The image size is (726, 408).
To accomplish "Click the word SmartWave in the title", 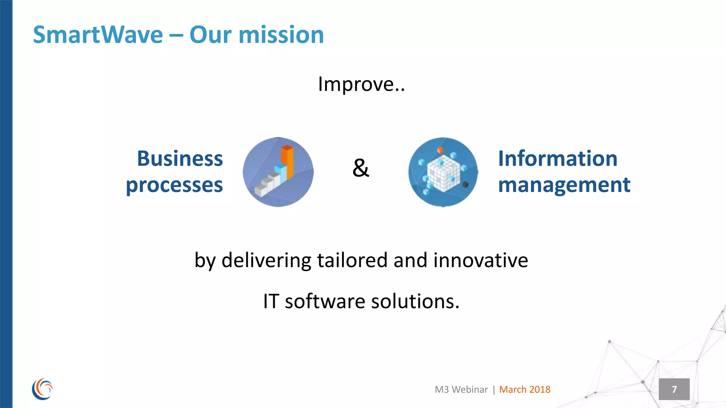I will coord(98,35).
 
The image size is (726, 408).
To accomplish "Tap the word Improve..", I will coord(356,84).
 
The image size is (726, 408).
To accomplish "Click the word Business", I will coord(180,158).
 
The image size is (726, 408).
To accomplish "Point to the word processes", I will coord(174,185).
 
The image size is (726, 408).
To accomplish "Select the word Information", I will coord(558,158).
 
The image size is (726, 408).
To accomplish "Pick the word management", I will coord(564,185).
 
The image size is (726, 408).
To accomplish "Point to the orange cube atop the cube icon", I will coord(440,150).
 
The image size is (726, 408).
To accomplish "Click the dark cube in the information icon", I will coord(465,185).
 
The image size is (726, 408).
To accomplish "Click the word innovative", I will coord(480,260).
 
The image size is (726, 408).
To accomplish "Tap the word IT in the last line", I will coord(271,301).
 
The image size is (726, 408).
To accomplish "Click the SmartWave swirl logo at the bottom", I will coord(42,389).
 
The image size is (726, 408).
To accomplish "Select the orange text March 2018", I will coord(525,389).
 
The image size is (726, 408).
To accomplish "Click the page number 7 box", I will coord(674,389).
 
